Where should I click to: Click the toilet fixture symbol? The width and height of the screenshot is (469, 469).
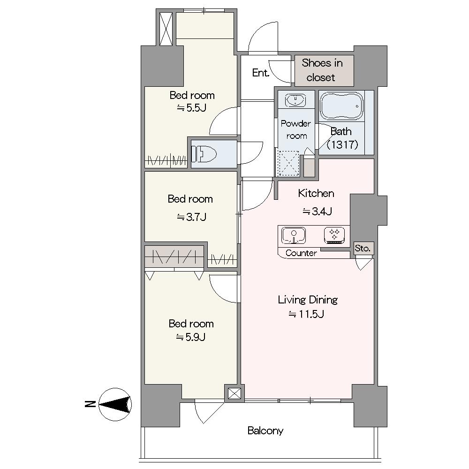tap(204, 154)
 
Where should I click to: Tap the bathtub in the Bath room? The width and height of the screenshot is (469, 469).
tap(341, 106)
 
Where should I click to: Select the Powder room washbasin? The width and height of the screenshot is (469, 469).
tap(295, 100)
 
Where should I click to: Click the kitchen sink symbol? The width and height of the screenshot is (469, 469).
tap(294, 235)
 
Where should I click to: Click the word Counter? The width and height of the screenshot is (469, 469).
tap(301, 253)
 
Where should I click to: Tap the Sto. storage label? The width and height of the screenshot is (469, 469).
tap(363, 248)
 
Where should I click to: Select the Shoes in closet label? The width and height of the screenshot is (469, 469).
tap(322, 70)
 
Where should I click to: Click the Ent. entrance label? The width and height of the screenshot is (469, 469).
tap(260, 73)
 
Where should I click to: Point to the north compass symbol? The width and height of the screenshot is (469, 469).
tap(115, 404)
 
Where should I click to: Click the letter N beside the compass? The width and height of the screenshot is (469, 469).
tap(90, 404)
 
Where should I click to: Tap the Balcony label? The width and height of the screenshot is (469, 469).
tap(265, 431)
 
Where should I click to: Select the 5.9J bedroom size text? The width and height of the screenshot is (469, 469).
tap(191, 337)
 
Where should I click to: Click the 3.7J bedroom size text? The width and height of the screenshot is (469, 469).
tap(191, 217)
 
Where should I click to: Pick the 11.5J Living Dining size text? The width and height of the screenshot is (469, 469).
tap(306, 314)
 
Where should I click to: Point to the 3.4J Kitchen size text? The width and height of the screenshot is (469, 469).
tap(317, 212)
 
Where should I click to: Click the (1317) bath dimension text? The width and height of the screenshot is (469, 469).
tap(342, 145)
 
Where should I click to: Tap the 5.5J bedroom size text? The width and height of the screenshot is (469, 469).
tap(191, 108)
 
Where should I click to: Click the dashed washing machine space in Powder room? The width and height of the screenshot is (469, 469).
tap(288, 163)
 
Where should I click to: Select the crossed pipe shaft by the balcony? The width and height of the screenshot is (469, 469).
tap(234, 393)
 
